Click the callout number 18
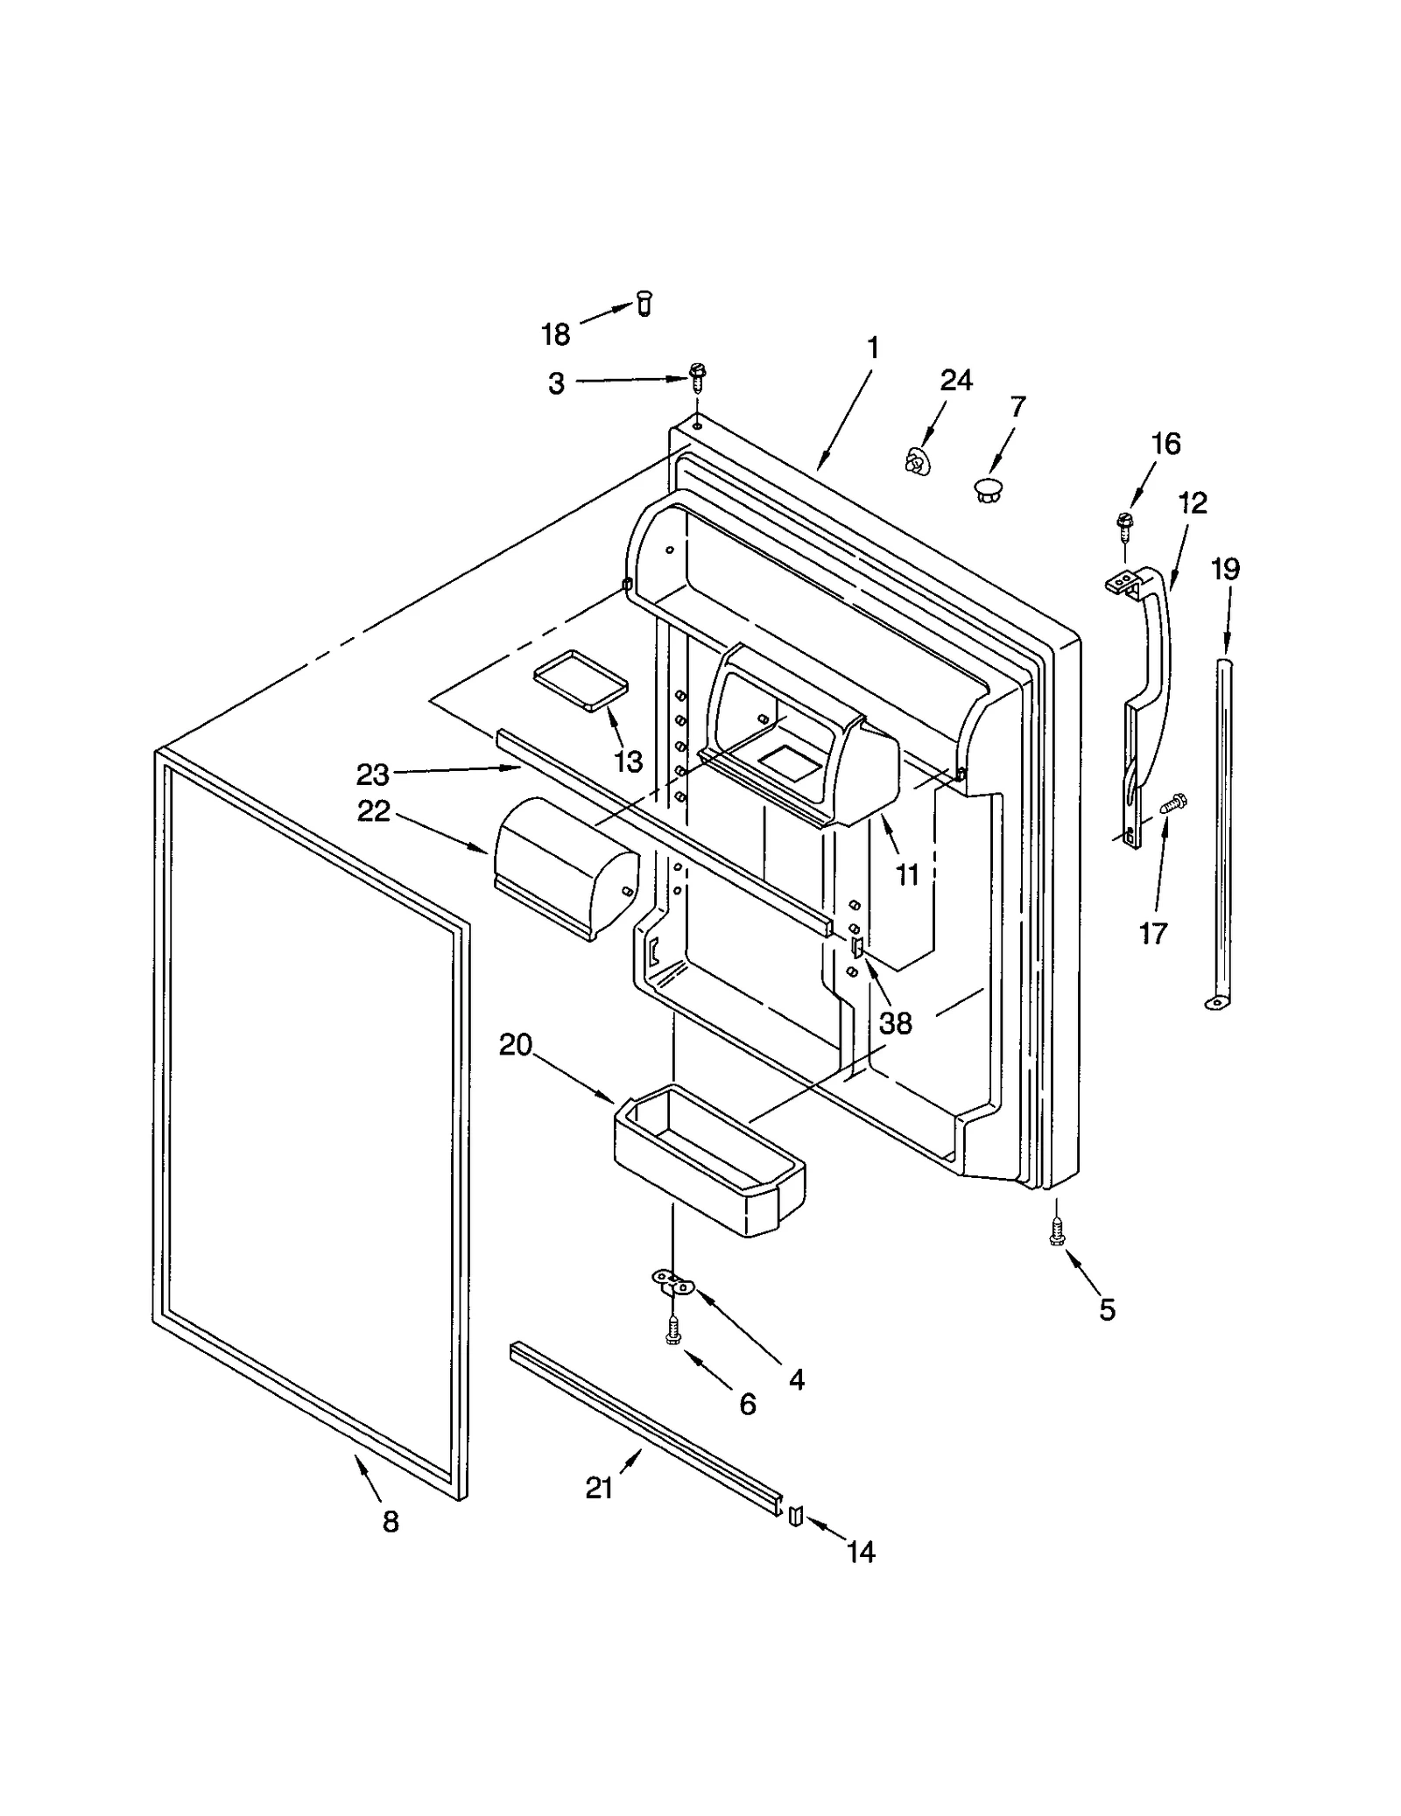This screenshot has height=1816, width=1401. pyautogui.click(x=555, y=334)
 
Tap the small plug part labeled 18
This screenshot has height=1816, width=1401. pyautogui.click(x=644, y=303)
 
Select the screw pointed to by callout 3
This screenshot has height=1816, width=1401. pyautogui.click(x=698, y=377)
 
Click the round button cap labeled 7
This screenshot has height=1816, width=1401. pyautogui.click(x=989, y=488)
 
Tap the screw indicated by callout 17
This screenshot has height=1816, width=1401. pyautogui.click(x=1172, y=803)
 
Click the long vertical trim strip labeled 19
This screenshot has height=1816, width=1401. pyautogui.click(x=1225, y=831)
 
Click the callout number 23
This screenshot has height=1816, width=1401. pyautogui.click(x=372, y=775)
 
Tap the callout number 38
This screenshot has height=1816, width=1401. pyautogui.click(x=896, y=1022)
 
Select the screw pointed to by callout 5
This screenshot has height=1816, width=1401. pyautogui.click(x=1057, y=1232)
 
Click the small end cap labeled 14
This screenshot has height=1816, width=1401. pyautogui.click(x=795, y=1515)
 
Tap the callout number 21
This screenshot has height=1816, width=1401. pyautogui.click(x=599, y=1488)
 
